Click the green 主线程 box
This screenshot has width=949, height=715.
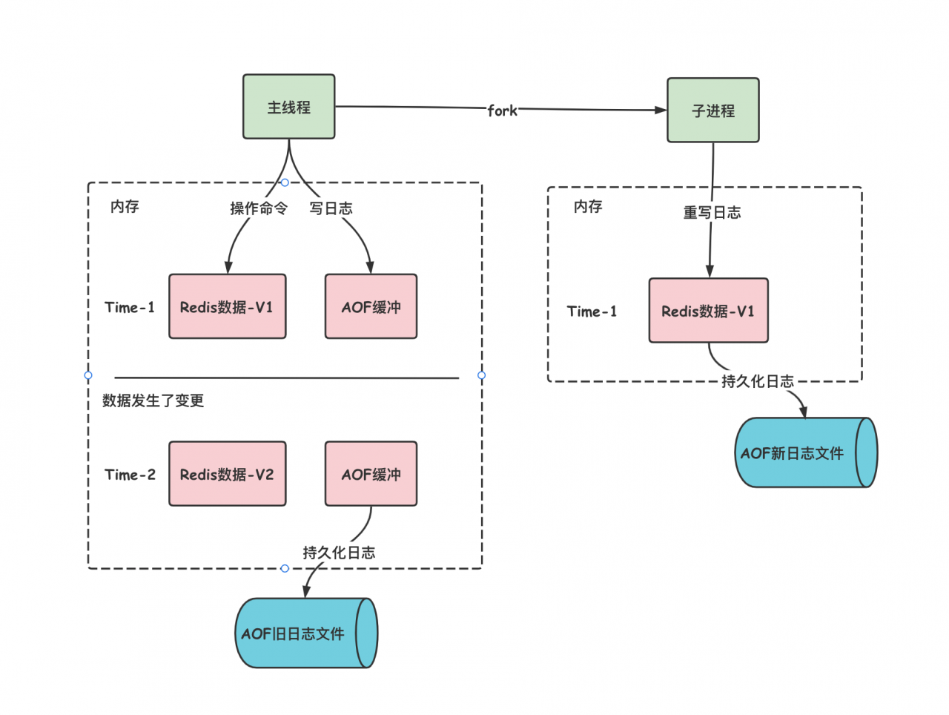point(288,106)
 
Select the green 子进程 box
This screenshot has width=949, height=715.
point(713,111)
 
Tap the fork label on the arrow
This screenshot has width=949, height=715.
point(502,111)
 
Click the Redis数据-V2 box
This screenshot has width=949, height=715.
point(228,474)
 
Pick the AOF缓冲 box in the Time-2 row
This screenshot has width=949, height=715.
point(371,474)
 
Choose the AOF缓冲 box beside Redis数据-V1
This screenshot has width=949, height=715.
point(371,306)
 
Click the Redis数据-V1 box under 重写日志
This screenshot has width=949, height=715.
point(708,311)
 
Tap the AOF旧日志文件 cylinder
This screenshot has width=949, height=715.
point(306,633)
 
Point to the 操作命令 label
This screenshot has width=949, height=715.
point(259,208)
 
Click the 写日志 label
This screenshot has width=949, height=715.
point(331,208)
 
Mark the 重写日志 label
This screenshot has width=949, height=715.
point(712,212)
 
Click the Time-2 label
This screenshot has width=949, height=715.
point(130,475)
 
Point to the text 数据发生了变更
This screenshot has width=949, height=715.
point(153,401)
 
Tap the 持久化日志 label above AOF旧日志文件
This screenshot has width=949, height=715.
point(339,553)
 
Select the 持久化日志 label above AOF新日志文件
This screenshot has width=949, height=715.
point(758,381)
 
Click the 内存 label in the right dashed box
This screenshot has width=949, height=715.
point(588,206)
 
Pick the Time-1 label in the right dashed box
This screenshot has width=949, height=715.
point(592,312)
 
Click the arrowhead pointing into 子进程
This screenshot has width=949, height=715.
point(661,111)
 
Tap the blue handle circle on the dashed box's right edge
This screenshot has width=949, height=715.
point(481,375)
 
